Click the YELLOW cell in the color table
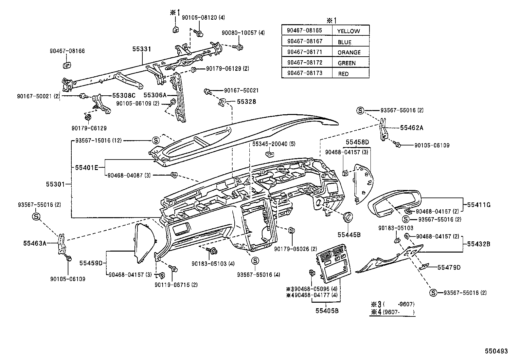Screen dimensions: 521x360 [x=351, y=30]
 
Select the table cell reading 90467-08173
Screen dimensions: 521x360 [x=307, y=73]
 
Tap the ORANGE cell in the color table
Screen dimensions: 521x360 [x=351, y=51]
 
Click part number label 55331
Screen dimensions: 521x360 [x=142, y=49]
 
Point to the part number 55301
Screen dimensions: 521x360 [x=55, y=184]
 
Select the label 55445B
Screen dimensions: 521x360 [x=349, y=235]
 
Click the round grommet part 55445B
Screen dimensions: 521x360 [x=348, y=218]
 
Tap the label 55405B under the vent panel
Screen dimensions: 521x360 [x=327, y=311]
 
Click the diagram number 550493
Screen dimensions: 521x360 [x=496, y=351]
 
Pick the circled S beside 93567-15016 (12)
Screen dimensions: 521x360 [x=156, y=141]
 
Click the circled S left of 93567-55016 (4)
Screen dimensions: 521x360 [x=255, y=260]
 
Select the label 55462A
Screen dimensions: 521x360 [x=411, y=128]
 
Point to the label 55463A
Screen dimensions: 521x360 [x=35, y=243]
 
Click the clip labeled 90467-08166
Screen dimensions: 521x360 [x=67, y=65]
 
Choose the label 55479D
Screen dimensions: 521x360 [x=449, y=267]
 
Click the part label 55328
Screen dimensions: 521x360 [x=246, y=102]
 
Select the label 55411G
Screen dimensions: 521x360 [x=479, y=205]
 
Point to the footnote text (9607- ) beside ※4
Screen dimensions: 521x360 [x=399, y=312]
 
